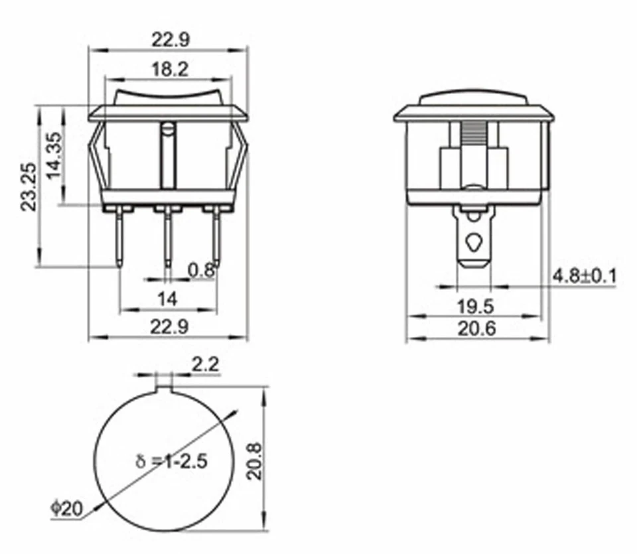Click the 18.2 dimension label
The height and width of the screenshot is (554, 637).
tap(169, 68)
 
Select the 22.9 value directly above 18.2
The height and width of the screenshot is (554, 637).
tap(169, 38)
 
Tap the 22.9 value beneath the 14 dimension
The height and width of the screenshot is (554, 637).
tap(169, 327)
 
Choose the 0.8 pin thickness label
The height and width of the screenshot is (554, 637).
tap(202, 271)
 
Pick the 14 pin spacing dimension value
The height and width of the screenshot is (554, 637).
tap(169, 299)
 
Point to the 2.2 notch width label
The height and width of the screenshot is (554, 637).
tap(205, 364)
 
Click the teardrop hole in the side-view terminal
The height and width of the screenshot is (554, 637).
tap(473, 243)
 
